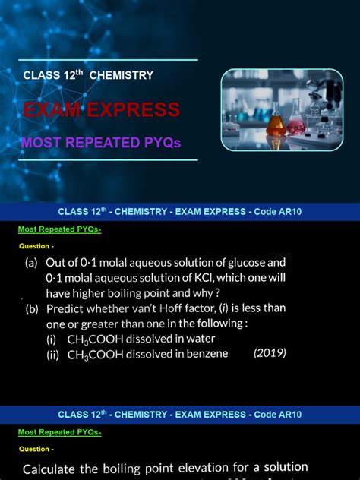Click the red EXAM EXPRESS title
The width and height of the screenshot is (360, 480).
pyautogui.click(x=102, y=110)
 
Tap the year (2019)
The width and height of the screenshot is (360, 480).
pyautogui.click(x=270, y=354)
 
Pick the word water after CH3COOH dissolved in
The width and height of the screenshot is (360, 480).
pyautogui.click(x=199, y=339)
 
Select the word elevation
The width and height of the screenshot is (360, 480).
pyautogui.click(x=213, y=468)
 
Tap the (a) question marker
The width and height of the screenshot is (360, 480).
pyautogui.click(x=32, y=263)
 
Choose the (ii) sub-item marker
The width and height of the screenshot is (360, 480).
pyautogui.click(x=54, y=355)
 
